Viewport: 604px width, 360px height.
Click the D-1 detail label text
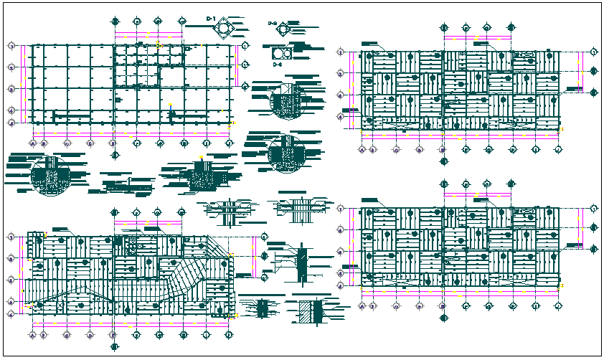211,17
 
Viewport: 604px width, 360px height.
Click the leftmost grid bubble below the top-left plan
33,143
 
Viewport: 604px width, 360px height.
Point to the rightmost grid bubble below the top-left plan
229,143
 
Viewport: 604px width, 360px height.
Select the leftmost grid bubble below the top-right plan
362,149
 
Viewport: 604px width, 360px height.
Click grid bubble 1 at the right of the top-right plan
593,51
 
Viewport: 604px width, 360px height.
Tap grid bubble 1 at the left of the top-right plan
340,51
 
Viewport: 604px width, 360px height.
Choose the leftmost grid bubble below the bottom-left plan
33,334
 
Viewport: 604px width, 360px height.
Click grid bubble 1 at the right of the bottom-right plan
593,208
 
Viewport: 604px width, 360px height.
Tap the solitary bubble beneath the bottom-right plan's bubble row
443,318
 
